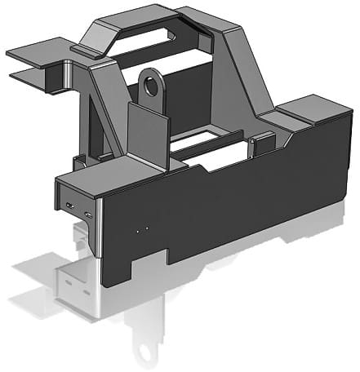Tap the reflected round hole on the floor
(x=147, y=349)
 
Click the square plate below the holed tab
(x=147, y=131)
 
